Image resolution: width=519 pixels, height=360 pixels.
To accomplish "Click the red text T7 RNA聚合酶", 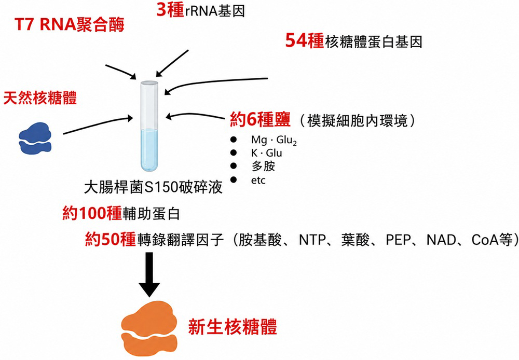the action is [x=69, y=25].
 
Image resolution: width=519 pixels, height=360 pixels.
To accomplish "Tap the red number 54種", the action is [x=305, y=41].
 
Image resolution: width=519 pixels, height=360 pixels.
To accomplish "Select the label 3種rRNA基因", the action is [x=200, y=10].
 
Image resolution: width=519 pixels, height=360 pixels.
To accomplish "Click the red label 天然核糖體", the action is [x=40, y=98].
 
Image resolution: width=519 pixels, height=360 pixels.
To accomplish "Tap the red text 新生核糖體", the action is [x=233, y=327].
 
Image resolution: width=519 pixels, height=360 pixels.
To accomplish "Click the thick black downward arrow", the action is [x=149, y=274].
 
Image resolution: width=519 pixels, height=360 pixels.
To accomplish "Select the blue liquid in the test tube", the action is [x=149, y=149].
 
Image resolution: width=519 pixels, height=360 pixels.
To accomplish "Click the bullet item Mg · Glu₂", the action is [x=274, y=140].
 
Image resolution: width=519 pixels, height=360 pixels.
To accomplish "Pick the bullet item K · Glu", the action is [x=266, y=153].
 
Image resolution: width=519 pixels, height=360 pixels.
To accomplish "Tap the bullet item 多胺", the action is [x=263, y=166].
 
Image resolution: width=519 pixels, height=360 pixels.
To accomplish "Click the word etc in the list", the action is [x=258, y=181].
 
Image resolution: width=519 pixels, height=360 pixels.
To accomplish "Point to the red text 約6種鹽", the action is [x=260, y=119].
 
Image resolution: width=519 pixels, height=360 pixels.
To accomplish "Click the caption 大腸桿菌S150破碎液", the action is [x=153, y=188].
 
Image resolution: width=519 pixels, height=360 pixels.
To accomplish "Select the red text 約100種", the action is [x=92, y=213].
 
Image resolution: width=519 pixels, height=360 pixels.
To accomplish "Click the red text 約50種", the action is [x=111, y=239].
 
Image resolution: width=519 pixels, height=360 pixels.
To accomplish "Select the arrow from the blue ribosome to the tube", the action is [x=98, y=125].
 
